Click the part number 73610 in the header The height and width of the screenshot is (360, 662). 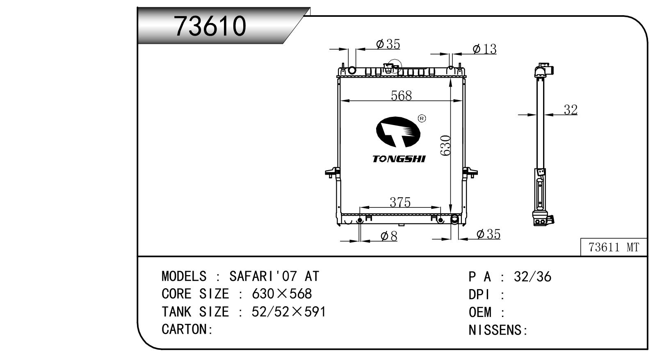click(x=210, y=26)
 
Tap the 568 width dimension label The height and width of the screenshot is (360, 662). click(x=401, y=96)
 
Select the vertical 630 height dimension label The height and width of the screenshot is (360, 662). click(x=445, y=145)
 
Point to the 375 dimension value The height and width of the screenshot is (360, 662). click(x=400, y=202)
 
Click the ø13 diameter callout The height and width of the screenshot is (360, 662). click(x=484, y=49)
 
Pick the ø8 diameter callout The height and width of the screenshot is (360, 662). click(x=389, y=236)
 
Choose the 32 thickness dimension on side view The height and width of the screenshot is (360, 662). click(x=571, y=110)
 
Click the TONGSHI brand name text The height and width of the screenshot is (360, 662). click(x=399, y=159)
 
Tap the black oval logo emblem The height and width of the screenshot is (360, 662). click(x=398, y=132)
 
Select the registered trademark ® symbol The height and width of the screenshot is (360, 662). click(x=422, y=118)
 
